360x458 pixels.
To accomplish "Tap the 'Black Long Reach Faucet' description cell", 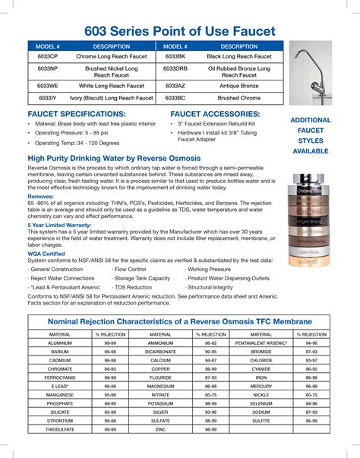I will click(239, 57).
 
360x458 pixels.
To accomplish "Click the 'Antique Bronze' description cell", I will click(239, 87).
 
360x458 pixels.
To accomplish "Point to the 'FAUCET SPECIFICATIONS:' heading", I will click(76, 113).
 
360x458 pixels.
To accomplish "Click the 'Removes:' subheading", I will click(41, 195).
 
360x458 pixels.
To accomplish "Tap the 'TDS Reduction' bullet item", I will click(133, 288).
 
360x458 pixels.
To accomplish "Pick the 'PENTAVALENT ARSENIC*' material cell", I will click(261, 343).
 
